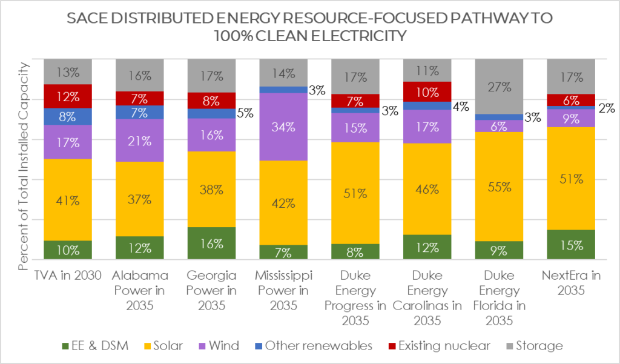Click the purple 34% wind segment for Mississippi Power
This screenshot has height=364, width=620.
tap(283, 127)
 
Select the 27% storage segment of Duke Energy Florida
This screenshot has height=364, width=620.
tap(500, 86)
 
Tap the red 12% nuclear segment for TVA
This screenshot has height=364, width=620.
tap(68, 96)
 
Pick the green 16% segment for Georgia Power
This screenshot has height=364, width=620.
tap(211, 243)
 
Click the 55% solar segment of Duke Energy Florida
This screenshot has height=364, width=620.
tap(500, 186)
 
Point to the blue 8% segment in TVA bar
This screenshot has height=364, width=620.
tap(68, 116)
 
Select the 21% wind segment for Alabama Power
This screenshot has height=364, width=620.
tap(139, 140)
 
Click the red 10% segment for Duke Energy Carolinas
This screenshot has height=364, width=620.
tap(427, 91)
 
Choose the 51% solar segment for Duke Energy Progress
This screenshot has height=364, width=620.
tap(355, 193)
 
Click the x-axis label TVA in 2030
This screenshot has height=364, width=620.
tap(68, 276)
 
